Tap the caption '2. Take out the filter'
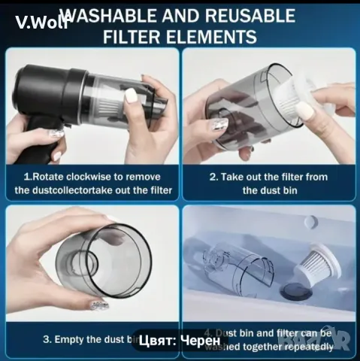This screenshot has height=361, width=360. pyautogui.click(x=268, y=184)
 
